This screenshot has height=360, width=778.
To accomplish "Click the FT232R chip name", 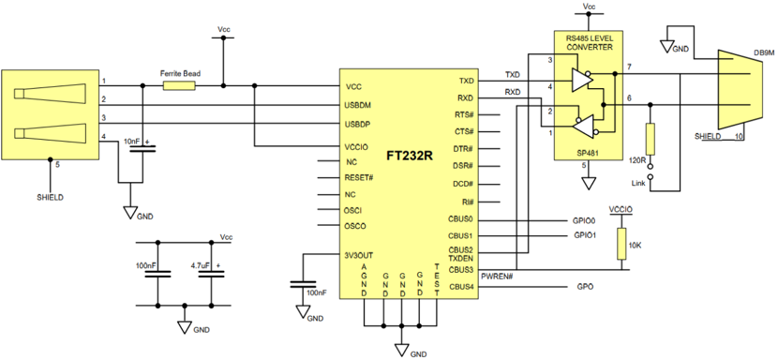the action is (410, 156).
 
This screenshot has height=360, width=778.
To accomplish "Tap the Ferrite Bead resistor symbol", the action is (179, 86).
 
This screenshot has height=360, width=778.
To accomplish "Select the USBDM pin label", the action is (360, 105).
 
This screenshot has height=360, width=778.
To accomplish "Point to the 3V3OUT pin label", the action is (360, 255).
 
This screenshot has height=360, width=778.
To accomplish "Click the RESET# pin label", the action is (358, 177).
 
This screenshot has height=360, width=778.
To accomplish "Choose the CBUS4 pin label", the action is (461, 287).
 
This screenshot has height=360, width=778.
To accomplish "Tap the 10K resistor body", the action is (621, 244).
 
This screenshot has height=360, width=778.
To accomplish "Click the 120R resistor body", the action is (651, 140).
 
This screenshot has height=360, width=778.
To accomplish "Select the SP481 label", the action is (588, 154).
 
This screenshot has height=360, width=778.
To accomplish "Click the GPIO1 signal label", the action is (585, 235).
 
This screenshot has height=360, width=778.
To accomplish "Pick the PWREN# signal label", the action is (497, 276).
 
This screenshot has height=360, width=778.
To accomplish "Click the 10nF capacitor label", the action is (131, 142).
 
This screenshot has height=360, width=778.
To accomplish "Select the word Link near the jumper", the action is (638, 183).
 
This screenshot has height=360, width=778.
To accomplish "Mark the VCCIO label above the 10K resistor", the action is (621, 210).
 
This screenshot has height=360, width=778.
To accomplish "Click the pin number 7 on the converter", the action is (629, 67).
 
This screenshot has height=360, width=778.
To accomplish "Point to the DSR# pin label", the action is (463, 165).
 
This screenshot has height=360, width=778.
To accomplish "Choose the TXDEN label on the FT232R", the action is (461, 258).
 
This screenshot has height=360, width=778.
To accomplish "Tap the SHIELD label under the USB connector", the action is (50, 197).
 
